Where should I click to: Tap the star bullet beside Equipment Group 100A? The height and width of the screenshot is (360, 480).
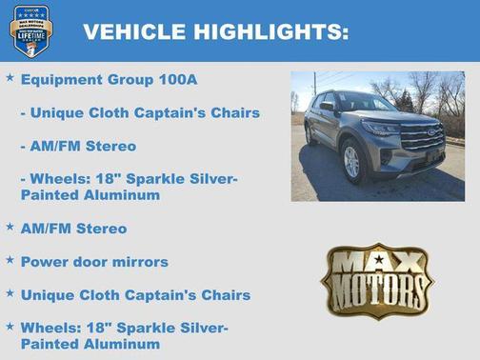10,77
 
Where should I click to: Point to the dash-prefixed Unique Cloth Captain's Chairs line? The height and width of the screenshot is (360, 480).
139,113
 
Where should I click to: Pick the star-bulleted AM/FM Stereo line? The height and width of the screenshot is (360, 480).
73,229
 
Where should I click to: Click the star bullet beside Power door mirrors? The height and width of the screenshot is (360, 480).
10,259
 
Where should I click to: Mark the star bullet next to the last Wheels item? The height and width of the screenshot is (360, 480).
10,326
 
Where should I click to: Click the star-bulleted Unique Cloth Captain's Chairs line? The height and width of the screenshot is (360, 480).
135,295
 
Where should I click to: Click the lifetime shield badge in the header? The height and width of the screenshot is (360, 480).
30,30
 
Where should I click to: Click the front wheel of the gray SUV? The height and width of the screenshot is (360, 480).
351,161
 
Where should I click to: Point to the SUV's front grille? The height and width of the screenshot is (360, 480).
423,139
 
